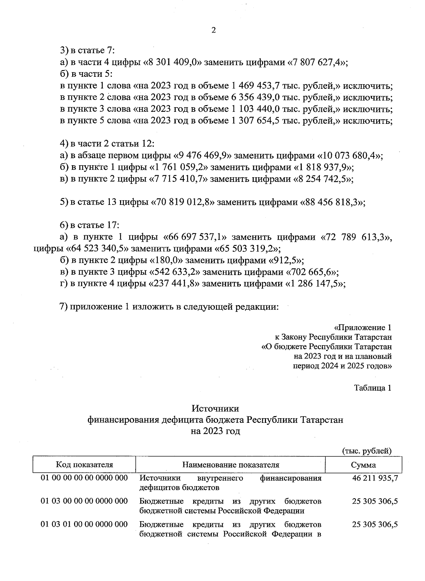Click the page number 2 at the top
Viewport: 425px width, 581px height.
(213, 30)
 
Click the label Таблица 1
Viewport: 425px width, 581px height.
(373, 388)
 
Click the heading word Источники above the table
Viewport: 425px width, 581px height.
(215, 409)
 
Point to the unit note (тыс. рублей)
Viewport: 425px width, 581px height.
(367, 451)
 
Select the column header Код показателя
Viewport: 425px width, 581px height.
(84, 465)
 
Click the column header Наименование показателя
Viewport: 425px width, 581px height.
(231, 465)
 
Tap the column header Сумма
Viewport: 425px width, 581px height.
(363, 465)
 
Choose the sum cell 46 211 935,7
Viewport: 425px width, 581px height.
(375, 478)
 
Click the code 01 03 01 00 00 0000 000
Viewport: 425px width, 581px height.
(84, 524)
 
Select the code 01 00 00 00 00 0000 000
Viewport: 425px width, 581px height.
(84, 478)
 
